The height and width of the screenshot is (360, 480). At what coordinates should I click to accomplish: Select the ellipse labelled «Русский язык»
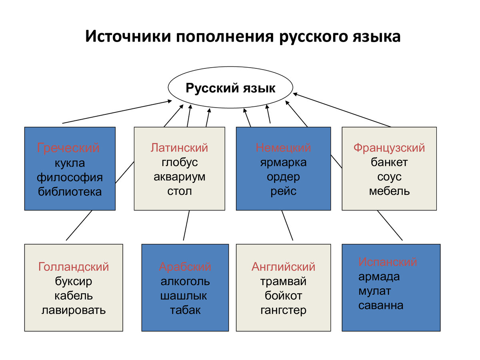[x=230, y=88]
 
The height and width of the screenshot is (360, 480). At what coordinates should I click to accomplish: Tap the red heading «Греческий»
[x=68, y=148]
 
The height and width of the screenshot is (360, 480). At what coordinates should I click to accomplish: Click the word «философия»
[x=70, y=177]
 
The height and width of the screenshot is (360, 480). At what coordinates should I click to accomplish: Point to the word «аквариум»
[x=180, y=177]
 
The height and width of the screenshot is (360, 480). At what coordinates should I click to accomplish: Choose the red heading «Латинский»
[x=180, y=148]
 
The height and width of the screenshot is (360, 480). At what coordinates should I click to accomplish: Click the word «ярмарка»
[x=283, y=162]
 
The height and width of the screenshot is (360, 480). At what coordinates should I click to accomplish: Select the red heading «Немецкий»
[x=283, y=148]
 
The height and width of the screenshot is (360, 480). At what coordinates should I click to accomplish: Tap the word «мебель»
[x=389, y=191]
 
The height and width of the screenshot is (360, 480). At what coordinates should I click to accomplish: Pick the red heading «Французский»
[x=389, y=148]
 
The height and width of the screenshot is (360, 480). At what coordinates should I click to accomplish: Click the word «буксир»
[x=74, y=281]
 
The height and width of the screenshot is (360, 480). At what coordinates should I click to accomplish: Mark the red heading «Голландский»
[x=74, y=266]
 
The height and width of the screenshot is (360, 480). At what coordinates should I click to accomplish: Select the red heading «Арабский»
[x=185, y=266]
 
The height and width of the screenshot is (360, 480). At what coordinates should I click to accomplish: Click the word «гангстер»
[x=283, y=310]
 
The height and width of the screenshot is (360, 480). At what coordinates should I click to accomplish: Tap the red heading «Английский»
[x=283, y=266]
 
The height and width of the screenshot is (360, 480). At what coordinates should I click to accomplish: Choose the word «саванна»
[x=381, y=306]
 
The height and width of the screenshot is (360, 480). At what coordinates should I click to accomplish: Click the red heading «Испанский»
[x=388, y=262]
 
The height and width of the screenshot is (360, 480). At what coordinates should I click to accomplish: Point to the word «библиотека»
[x=70, y=192]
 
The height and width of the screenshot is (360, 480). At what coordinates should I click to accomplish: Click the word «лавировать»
[x=74, y=310]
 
